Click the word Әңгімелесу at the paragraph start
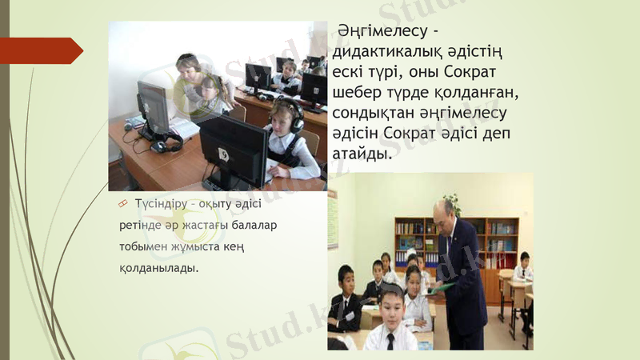[382, 32]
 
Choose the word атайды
[364, 154]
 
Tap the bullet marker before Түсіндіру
[123, 204]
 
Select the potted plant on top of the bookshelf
[454, 202]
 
